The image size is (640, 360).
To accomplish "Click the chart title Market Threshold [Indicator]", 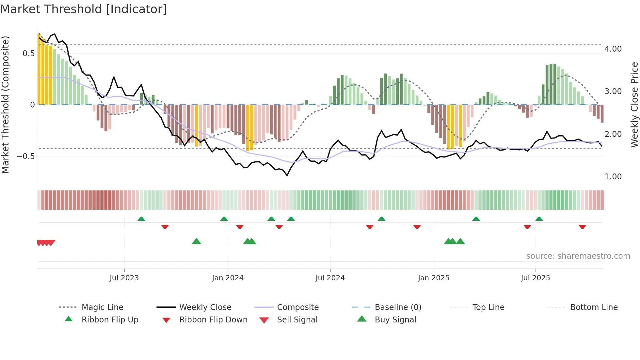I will point(84,9).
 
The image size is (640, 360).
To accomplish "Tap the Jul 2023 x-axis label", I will point(124,278).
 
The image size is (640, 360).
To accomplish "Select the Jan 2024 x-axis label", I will point(228,278).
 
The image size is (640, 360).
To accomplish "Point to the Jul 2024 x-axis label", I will point(330,278).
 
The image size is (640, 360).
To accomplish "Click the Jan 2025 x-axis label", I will point(434,278).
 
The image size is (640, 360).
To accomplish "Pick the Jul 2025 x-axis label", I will point(535,278).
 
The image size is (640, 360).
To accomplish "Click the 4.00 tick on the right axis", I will point(613,49).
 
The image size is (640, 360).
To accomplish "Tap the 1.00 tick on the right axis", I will point(613,177).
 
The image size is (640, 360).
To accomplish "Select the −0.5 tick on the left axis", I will point(25,156).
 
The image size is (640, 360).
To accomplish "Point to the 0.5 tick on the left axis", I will point(28,54).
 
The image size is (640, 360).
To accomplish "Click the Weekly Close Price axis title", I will point(634,105).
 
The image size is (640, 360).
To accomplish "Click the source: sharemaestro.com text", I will point(578,256).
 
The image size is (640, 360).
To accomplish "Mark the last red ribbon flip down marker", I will point(582,227).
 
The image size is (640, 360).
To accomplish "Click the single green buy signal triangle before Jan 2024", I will point(196,241).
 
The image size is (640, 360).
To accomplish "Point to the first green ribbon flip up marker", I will point(141,219).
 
